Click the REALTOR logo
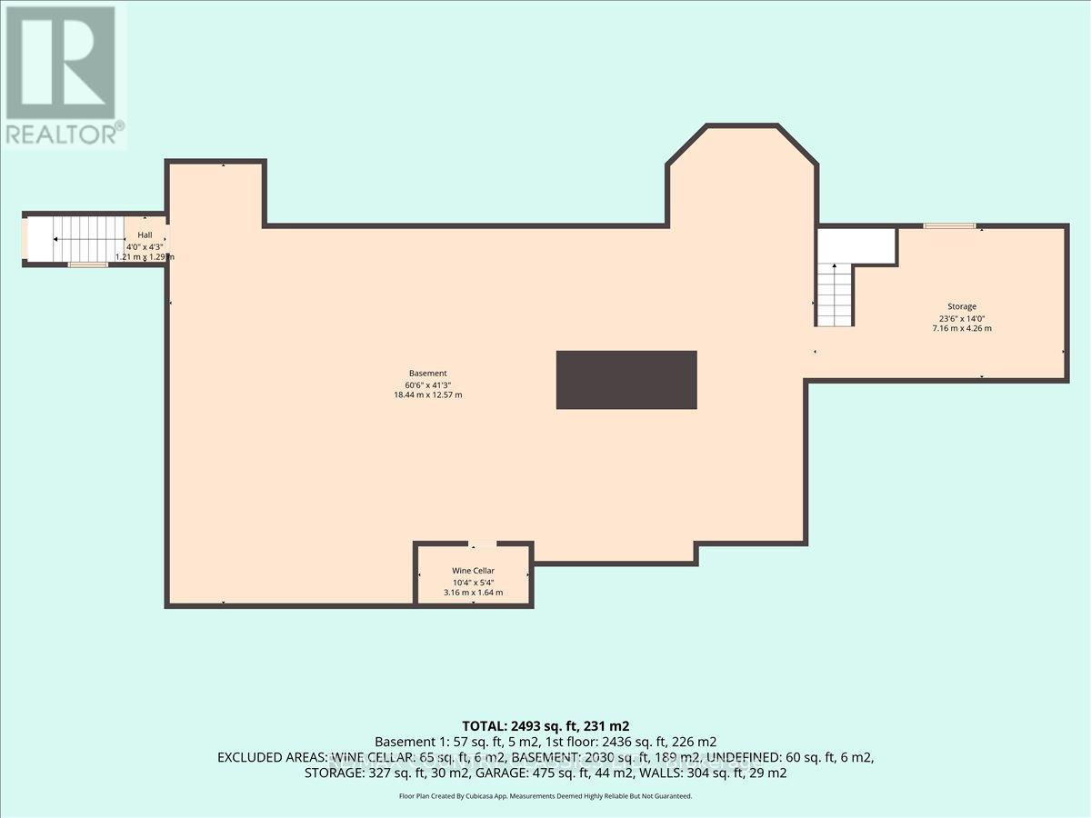tap(63, 73)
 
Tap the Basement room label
tap(427, 374)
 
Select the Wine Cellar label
tap(473, 571)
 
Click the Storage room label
tap(958, 306)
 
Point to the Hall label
tap(145, 234)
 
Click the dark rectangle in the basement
tap(626, 379)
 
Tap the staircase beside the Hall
tap(87, 239)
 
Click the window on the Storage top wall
tap(949, 225)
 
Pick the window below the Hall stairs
tap(87, 264)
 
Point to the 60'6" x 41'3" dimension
tap(427, 384)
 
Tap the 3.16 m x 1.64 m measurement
tap(473, 593)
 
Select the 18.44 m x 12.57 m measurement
tap(427, 395)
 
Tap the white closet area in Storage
tap(856, 245)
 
